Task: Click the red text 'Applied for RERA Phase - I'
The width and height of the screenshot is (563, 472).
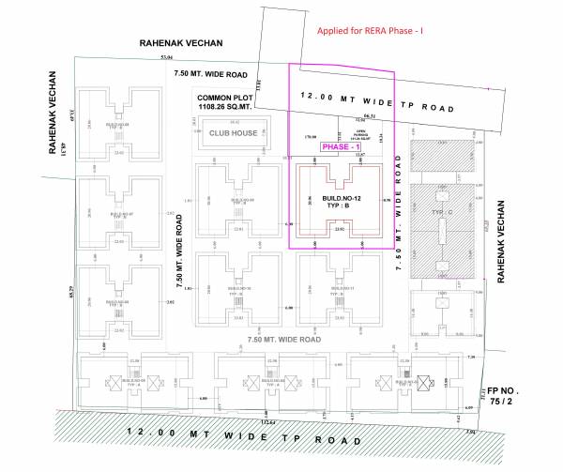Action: click(371, 30)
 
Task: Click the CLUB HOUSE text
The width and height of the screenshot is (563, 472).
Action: click(233, 133)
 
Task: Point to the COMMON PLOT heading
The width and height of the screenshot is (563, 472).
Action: click(226, 98)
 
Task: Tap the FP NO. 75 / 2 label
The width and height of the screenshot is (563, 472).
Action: click(504, 394)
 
